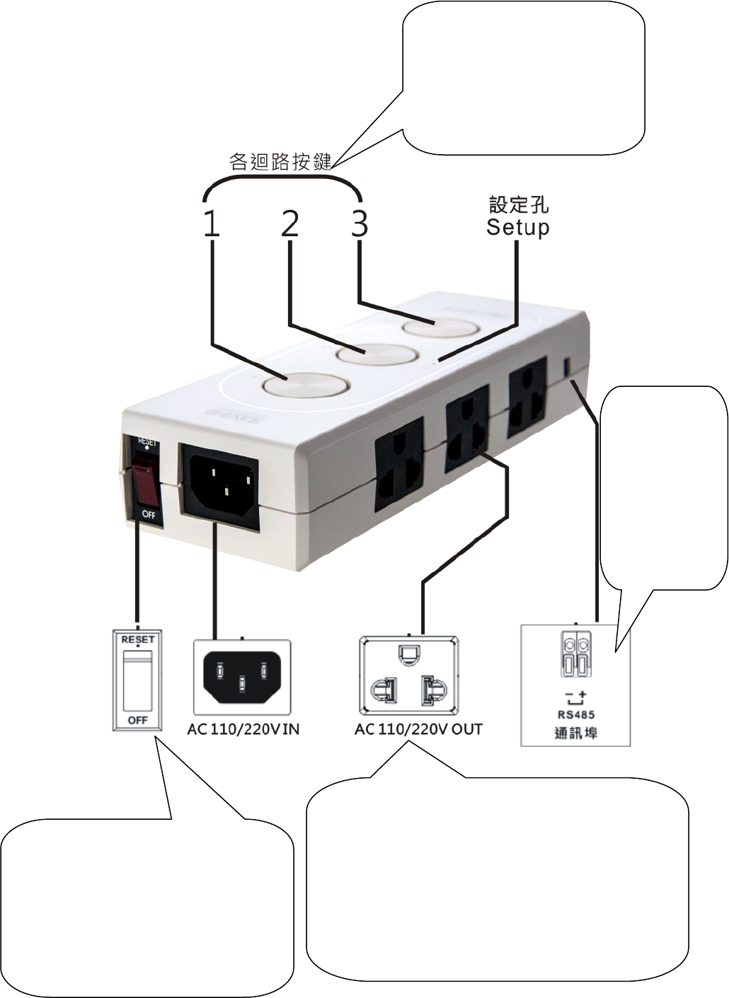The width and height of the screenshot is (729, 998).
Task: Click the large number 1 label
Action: tap(212, 224)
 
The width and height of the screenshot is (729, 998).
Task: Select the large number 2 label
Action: tap(290, 224)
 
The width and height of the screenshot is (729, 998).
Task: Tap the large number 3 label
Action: tap(360, 224)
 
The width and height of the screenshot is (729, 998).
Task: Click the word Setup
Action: tap(517, 228)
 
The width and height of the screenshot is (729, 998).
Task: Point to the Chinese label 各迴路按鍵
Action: tap(280, 162)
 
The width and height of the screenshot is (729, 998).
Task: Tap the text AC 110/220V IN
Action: tap(243, 729)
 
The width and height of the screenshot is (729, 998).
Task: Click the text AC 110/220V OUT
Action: tap(418, 729)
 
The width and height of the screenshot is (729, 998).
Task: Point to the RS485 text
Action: tap(576, 714)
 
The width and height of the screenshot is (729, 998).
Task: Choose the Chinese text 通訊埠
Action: tap(576, 733)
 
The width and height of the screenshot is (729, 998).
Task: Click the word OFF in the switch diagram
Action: tap(137, 720)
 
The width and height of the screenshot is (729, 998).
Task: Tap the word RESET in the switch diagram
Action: tap(137, 639)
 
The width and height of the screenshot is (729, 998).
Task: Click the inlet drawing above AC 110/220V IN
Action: tap(242, 676)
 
